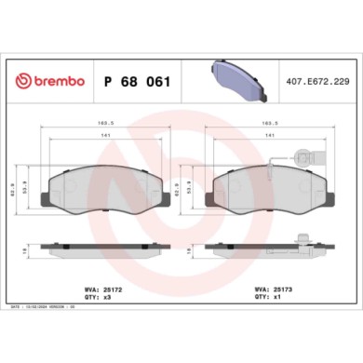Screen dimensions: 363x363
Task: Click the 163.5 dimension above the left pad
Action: click(x=106, y=122)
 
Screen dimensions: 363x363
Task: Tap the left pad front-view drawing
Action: click(x=106, y=195)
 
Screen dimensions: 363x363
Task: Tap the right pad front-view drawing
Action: click(x=270, y=195)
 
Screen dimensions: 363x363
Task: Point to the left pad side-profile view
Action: click(x=106, y=249)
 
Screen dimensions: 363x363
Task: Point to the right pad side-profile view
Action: click(x=270, y=249)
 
